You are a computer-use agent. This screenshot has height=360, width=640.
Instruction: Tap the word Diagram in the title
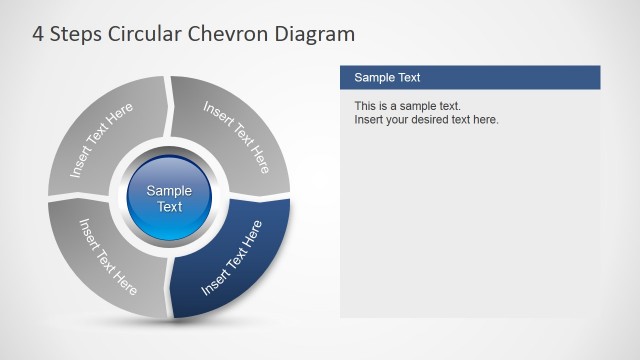[x=319, y=34]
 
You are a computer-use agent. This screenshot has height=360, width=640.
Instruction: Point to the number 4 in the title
[x=38, y=34]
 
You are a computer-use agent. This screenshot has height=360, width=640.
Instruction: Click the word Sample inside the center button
[x=170, y=191]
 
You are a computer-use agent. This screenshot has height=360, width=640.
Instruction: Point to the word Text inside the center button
[x=170, y=207]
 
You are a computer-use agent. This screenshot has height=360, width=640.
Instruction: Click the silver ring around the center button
[x=170, y=238]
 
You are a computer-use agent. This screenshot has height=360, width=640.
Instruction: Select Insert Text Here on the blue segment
[x=232, y=258]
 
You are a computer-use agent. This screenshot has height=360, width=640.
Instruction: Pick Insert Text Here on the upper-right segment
[x=237, y=136]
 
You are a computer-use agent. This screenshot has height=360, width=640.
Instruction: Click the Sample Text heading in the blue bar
[x=387, y=77]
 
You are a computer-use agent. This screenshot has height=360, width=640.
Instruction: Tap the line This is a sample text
[x=407, y=106]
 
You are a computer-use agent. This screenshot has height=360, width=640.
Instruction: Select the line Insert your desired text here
[x=426, y=120]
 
